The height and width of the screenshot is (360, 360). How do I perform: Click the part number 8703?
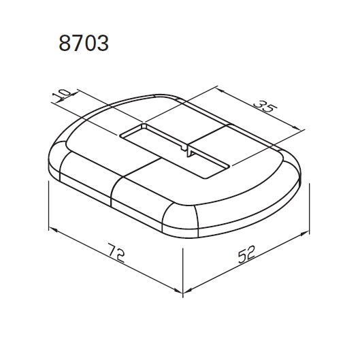tap(84, 43)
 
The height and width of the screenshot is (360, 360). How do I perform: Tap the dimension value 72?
tap(116, 253)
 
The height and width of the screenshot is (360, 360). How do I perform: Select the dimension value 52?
tap(246, 254)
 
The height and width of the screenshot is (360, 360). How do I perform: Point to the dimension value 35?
tap(265, 106)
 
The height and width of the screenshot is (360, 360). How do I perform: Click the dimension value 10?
tap(61, 94)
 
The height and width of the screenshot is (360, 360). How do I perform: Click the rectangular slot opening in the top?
tap(174, 151)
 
